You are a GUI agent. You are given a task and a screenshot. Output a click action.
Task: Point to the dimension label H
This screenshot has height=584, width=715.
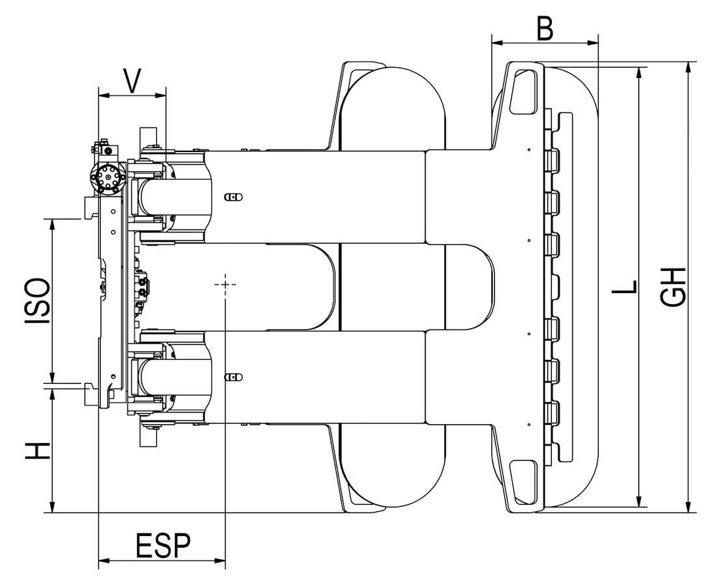[x=38, y=450]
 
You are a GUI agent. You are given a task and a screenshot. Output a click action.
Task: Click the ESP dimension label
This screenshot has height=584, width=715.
[x=163, y=546]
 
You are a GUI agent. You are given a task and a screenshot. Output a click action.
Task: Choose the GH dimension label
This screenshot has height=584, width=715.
[x=673, y=286]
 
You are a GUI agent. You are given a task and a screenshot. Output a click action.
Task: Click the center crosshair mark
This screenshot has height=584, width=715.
[x=225, y=285]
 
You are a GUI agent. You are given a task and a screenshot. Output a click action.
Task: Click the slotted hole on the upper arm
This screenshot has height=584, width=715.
[x=233, y=196]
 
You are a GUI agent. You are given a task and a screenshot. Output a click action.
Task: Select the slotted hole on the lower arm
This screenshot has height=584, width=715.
[x=233, y=376]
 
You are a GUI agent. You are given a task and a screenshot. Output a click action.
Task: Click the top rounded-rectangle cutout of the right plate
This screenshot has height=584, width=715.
[x=525, y=92]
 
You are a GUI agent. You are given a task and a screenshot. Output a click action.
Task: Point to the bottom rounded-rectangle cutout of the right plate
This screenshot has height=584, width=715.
[x=525, y=479]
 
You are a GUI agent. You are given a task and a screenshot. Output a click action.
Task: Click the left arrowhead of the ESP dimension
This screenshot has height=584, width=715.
[x=101, y=560]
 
